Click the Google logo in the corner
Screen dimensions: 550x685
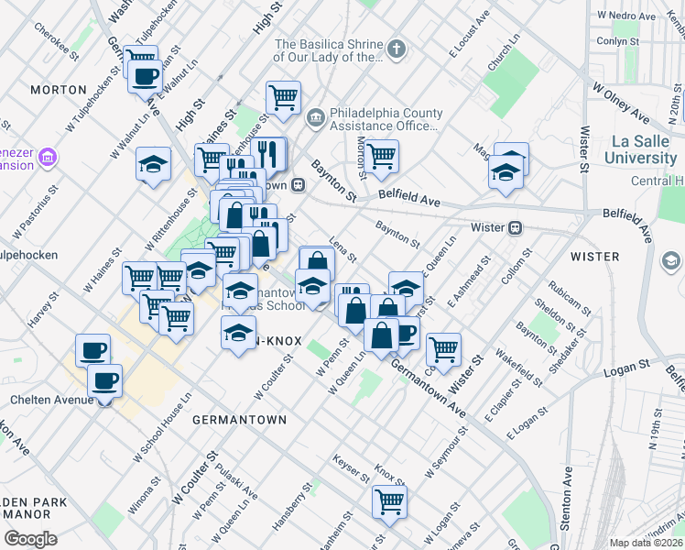coord(30,538)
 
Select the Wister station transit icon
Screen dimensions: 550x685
coord(516,226)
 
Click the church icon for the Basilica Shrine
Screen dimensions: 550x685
coord(396,49)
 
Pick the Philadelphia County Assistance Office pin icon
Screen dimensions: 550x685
coord(314,116)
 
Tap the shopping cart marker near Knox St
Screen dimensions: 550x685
coord(389,501)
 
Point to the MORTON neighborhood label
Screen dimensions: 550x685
coord(58,90)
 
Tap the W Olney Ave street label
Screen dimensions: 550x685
coord(620,102)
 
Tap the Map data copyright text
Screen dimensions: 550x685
coord(646,543)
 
